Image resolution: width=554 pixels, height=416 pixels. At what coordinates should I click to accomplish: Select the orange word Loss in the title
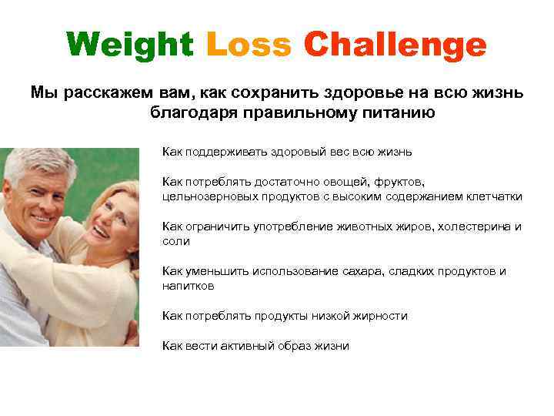point(249,45)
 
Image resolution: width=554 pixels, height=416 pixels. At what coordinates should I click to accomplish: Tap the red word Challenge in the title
point(395,45)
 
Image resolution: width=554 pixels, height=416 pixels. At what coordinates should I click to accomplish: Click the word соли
point(175,241)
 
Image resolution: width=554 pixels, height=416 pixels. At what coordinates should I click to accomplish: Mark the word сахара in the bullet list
point(365,271)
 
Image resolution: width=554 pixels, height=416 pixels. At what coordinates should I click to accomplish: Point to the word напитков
point(188,286)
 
